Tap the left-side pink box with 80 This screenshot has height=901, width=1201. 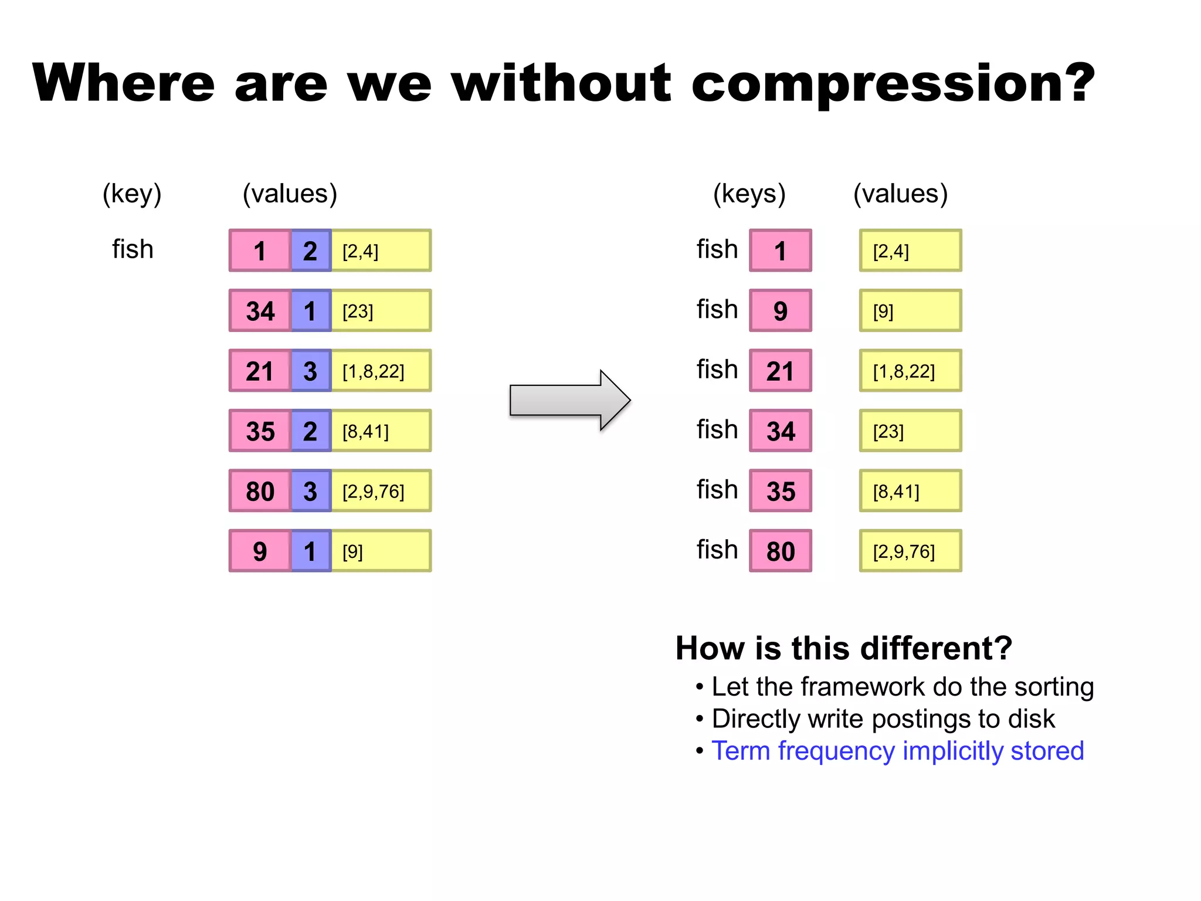point(260,491)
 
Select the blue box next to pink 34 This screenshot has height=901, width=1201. point(311,311)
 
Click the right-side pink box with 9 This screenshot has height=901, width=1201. point(780,311)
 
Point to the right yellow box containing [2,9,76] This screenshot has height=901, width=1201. point(910,551)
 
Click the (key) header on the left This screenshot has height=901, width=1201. point(132,194)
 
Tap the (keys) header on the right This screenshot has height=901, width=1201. point(749,194)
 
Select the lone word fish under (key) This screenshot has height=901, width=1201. point(133,249)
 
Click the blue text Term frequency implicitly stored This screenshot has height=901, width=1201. point(897,751)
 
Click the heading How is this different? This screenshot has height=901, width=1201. point(843,648)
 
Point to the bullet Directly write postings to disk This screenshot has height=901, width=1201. point(883,719)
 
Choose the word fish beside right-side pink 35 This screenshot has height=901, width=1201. point(717,490)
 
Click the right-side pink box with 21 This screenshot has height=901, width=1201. point(780,371)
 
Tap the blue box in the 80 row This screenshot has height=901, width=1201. point(311,491)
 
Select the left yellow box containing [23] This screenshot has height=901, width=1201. point(381,311)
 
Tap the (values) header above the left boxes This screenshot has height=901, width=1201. point(290,194)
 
